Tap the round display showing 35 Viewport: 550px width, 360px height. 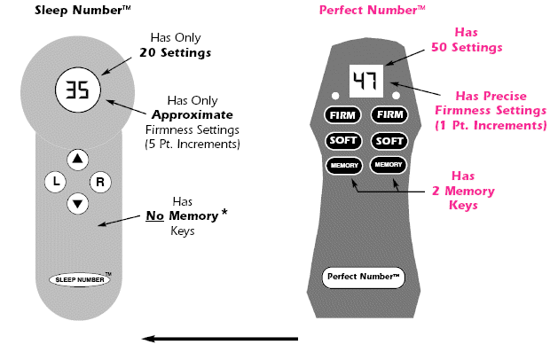(78, 90)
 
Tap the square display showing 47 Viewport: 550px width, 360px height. (365, 81)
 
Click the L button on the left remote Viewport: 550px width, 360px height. (55, 182)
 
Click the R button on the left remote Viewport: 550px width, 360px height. (100, 182)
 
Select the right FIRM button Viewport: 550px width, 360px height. (388, 115)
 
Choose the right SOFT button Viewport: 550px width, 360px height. (388, 140)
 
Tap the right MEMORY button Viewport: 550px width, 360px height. (388, 165)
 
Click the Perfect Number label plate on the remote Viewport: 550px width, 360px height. (363, 276)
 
